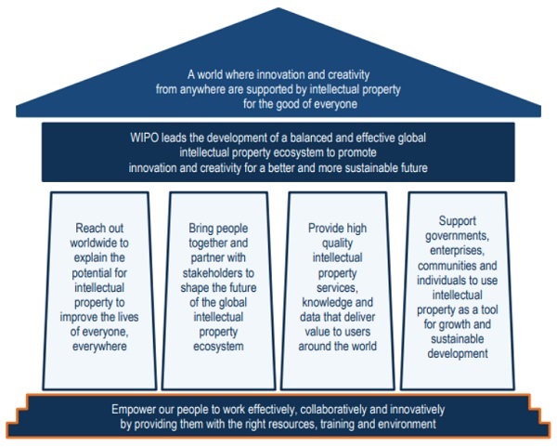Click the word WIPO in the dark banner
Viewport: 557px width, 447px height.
pos(147,138)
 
